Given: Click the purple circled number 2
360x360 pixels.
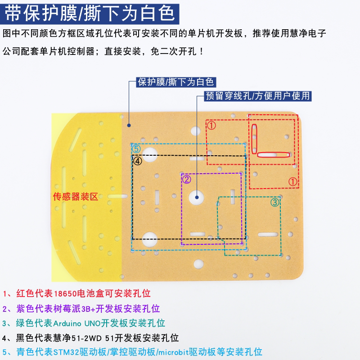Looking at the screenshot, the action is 186,179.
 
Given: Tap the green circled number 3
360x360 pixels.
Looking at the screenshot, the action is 275,202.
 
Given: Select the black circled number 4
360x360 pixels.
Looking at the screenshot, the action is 138,161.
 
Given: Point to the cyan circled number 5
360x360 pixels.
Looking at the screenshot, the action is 136,149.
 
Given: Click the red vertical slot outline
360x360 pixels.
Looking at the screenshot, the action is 254,139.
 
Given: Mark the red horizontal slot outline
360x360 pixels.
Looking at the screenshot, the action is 274,155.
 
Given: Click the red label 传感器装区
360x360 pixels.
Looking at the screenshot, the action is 76,197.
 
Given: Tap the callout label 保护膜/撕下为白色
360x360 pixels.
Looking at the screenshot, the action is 176,82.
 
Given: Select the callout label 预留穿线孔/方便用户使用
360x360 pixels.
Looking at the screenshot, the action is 258,96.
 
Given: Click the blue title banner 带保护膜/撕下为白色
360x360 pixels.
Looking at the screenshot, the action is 90,14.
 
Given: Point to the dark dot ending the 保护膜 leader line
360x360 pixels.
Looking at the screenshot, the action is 129,126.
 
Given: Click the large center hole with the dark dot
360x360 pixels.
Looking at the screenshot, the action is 197,197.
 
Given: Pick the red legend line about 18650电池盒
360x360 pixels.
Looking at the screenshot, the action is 76,293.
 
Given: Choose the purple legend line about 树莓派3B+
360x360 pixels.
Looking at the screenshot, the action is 81,308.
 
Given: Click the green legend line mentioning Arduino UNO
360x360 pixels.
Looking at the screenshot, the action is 84,323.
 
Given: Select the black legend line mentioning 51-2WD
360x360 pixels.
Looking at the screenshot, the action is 90,338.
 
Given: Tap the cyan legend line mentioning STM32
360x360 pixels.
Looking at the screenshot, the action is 132,352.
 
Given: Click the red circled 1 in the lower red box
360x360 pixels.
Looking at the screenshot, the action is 293,182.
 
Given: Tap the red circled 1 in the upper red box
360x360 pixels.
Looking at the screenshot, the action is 211,126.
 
